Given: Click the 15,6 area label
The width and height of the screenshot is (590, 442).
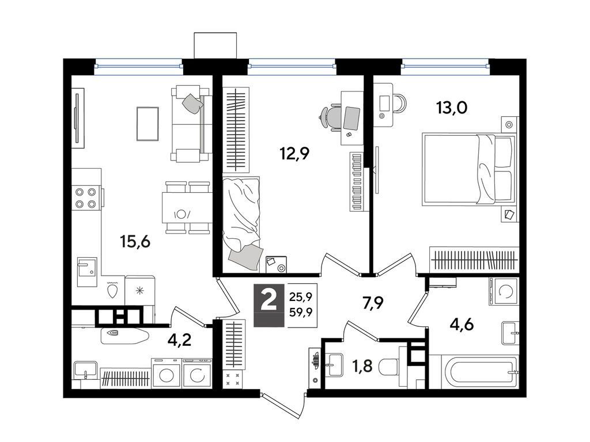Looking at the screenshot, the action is click(135, 241).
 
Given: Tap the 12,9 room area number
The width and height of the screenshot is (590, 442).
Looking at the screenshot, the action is click(294, 153).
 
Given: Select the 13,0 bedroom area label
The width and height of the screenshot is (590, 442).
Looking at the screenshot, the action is click(452, 108).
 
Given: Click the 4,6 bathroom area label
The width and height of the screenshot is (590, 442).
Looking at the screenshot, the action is click(462, 324).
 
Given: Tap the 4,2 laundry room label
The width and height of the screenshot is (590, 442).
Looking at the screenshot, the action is click(180, 340).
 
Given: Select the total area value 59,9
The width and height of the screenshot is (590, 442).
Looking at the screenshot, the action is click(301, 311).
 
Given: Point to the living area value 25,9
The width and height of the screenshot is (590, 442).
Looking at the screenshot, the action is click(301, 298).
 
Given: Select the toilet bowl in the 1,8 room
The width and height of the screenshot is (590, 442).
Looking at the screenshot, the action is click(389, 367).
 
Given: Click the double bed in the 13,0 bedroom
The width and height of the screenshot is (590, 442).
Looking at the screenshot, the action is click(468, 169).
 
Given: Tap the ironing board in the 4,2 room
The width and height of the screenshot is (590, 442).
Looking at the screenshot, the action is click(125, 336).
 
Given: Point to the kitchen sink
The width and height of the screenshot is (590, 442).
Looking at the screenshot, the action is click(87, 272).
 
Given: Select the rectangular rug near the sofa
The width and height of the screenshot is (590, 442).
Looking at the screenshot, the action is click(147, 124).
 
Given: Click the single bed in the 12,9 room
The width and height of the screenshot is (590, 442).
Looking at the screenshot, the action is click(241, 223).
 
